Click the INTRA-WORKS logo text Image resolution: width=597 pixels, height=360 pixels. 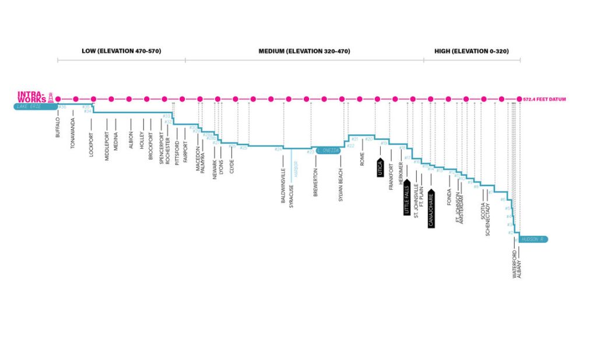point(32,96)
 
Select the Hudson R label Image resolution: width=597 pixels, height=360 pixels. point(532,239)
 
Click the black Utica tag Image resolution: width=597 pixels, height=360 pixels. point(380,169)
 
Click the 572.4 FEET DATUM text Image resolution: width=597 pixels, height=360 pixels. point(545,100)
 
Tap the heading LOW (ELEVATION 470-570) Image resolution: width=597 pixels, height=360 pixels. point(121,51)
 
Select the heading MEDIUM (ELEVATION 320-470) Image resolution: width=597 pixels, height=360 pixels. point(304,51)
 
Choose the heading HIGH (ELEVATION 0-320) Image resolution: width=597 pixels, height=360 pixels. point(471,51)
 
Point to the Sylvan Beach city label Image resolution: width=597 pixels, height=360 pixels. point(340,185)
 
